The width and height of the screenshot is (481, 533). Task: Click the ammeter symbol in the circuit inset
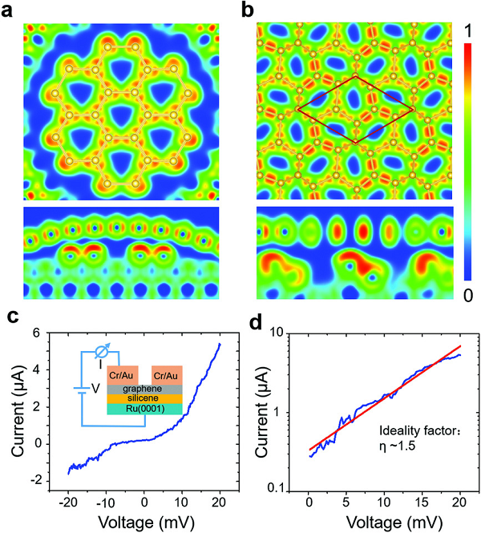pyautogui.click(x=101, y=352)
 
